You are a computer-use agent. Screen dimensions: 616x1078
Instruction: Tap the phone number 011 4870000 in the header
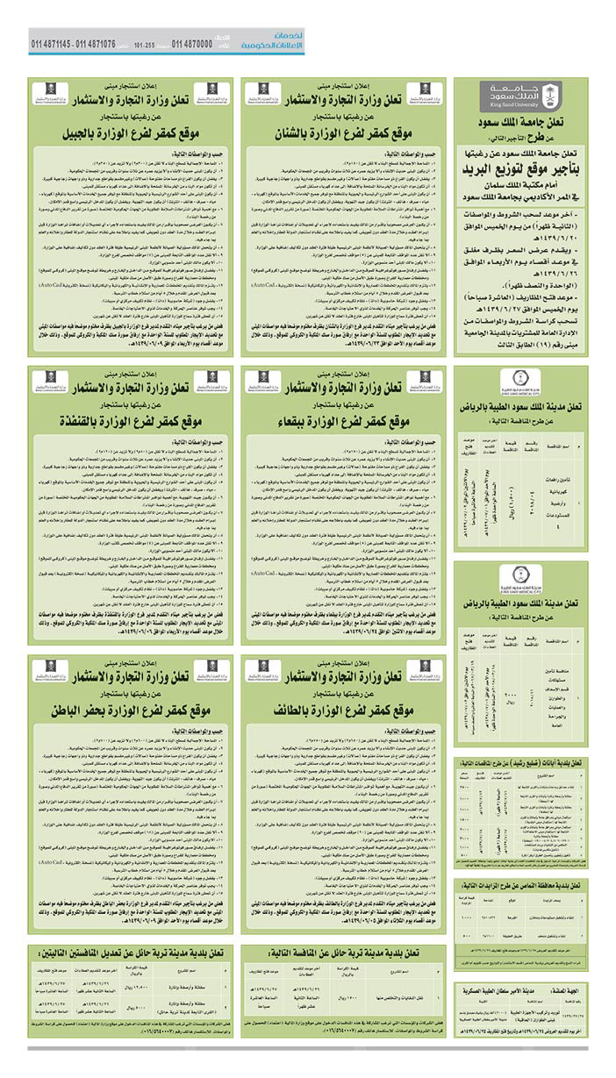(191, 44)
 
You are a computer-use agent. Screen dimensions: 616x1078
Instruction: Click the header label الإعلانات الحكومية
(275, 46)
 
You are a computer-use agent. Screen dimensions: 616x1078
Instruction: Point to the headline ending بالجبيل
(132, 135)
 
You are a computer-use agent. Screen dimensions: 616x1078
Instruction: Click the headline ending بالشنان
(347, 135)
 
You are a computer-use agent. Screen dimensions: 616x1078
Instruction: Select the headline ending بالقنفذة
(132, 420)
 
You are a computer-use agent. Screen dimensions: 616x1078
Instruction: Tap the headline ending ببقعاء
(347, 420)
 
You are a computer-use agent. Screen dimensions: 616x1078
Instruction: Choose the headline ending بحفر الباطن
(132, 705)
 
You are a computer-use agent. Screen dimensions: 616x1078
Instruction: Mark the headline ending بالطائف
(347, 705)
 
